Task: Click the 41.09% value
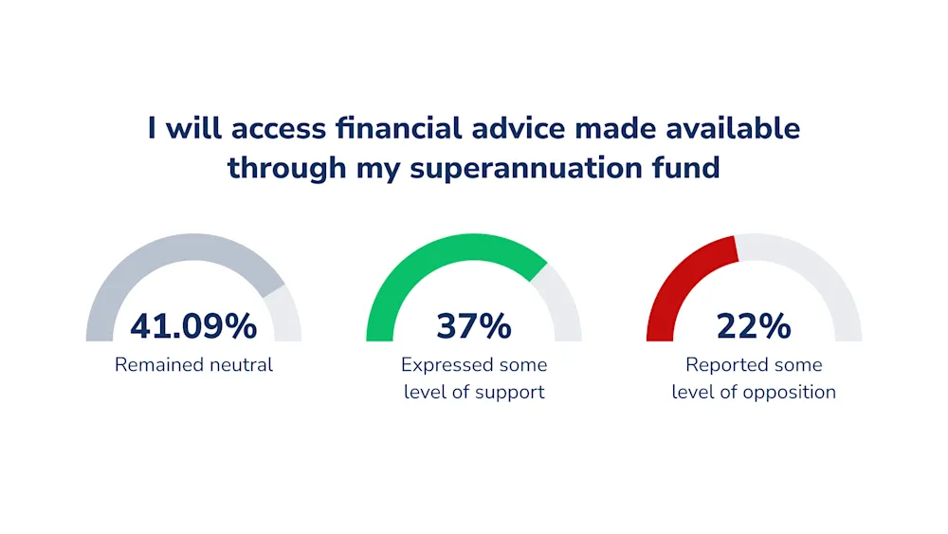pyautogui.click(x=193, y=326)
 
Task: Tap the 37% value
pyautogui.click(x=474, y=326)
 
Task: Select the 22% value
pyautogui.click(x=754, y=326)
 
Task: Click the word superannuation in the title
pyautogui.click(x=526, y=168)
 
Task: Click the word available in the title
pyautogui.click(x=734, y=128)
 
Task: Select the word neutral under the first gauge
pyautogui.click(x=241, y=364)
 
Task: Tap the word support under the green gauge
pyautogui.click(x=510, y=393)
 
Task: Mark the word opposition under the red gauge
pyautogui.click(x=790, y=393)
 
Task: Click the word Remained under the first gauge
pyautogui.click(x=158, y=364)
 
